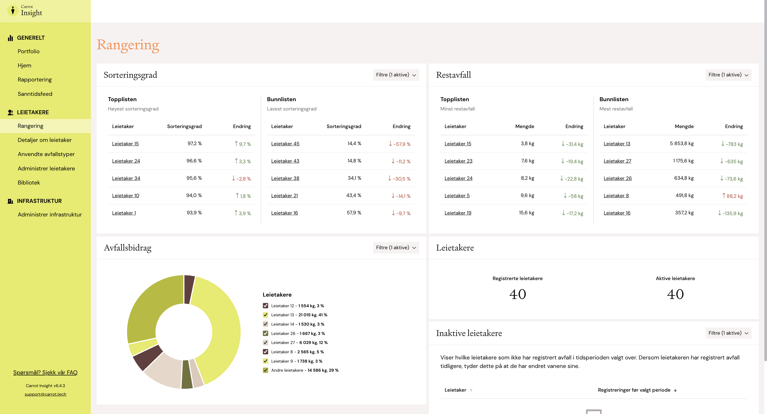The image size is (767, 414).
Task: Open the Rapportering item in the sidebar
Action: [35, 79]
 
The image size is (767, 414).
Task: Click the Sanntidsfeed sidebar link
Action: [35, 94]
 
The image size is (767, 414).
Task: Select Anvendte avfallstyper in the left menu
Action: [46, 154]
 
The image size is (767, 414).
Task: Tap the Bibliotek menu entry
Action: [28, 182]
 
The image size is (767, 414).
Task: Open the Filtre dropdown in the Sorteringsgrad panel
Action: [396, 75]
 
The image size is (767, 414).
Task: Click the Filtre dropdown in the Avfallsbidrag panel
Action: [396, 247]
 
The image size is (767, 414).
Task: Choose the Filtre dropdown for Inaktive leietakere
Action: [728, 333]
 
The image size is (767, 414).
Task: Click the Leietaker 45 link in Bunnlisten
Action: [285, 144]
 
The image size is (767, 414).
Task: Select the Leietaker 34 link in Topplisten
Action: [126, 178]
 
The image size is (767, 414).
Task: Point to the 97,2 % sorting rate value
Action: [194, 143]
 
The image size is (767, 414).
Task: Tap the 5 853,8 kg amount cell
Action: [682, 143]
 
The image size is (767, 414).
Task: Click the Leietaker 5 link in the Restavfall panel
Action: [457, 195]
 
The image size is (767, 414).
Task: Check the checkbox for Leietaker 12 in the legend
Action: [265, 306]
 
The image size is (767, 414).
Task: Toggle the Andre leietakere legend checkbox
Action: [265, 370]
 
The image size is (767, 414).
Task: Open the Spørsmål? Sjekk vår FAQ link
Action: [45, 372]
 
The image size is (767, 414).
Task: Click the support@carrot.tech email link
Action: [45, 394]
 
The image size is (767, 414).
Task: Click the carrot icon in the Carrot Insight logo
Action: [13, 10]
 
